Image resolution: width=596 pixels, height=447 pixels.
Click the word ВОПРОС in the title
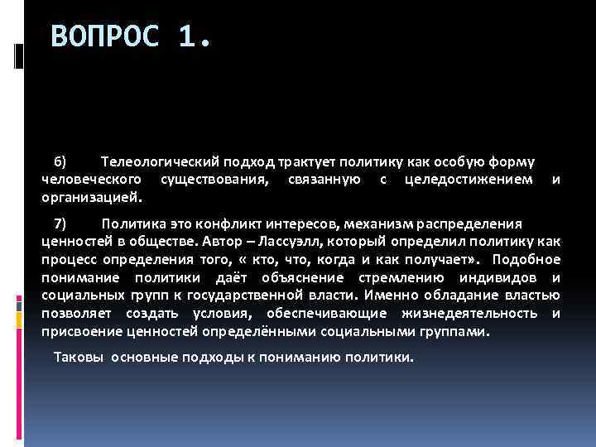(x=104, y=36)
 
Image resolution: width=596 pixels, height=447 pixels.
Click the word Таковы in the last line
(x=78, y=357)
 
